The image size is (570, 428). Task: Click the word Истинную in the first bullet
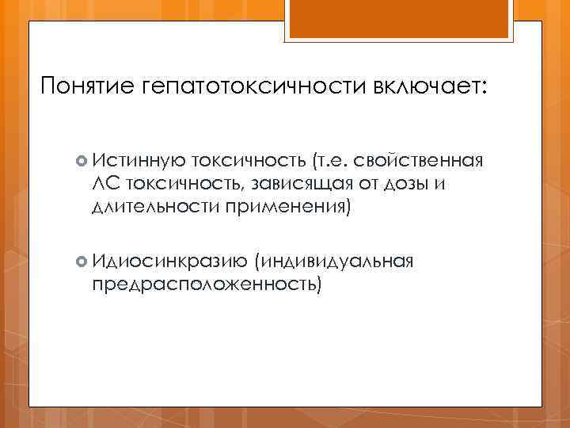click(134, 162)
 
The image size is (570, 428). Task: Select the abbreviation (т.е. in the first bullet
click(332, 162)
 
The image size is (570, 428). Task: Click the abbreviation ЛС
click(105, 185)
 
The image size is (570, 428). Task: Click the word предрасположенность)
click(207, 283)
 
